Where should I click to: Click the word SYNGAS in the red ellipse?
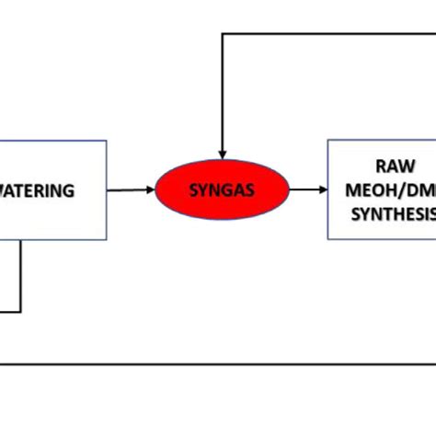pos(222,190)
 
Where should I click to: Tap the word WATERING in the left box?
pos(37,190)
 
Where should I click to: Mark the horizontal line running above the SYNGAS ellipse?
pos(322,34)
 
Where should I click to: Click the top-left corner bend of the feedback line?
pos(222,34)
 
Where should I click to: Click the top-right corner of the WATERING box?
pos(107,141)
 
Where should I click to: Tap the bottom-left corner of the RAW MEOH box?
pos(328,239)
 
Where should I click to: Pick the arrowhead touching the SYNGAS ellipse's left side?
pos(150,190)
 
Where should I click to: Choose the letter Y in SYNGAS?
pos(202,190)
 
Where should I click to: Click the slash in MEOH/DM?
pos(406,190)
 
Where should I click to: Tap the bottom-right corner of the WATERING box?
pos(107,239)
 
